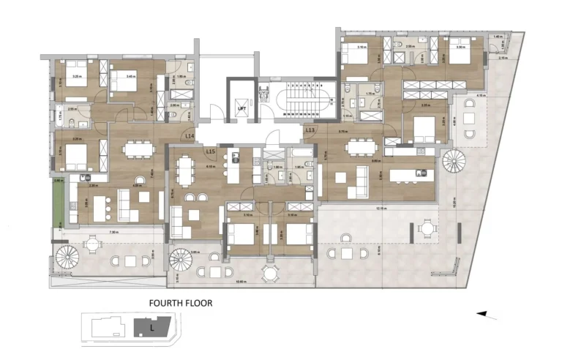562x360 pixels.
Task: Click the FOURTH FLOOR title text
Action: [180, 302]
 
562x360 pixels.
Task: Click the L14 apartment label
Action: [190, 136]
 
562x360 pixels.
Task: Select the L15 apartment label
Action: [211, 151]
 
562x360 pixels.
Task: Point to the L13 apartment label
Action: [310, 130]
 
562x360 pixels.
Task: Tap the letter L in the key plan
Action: [151, 327]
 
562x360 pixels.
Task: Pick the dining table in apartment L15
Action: [183, 172]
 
